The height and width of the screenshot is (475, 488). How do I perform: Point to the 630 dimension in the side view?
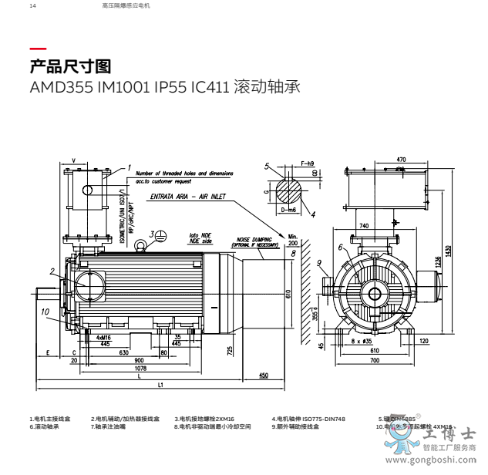pos(123,352)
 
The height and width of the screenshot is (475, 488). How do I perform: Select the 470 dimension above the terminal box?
pos(401,160)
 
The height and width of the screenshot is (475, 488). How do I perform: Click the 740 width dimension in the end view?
pos(363,225)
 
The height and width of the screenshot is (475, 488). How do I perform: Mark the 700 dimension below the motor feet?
pos(375,360)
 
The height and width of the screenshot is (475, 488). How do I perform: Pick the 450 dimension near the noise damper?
pos(264,375)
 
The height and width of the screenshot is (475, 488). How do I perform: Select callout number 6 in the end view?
pos(340,247)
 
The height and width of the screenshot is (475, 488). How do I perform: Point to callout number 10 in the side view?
pos(45,312)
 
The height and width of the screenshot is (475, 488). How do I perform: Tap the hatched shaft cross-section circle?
pos(289,188)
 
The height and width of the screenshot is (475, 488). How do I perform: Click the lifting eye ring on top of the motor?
pos(141,246)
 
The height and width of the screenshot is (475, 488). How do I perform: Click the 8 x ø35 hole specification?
pos(362,340)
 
